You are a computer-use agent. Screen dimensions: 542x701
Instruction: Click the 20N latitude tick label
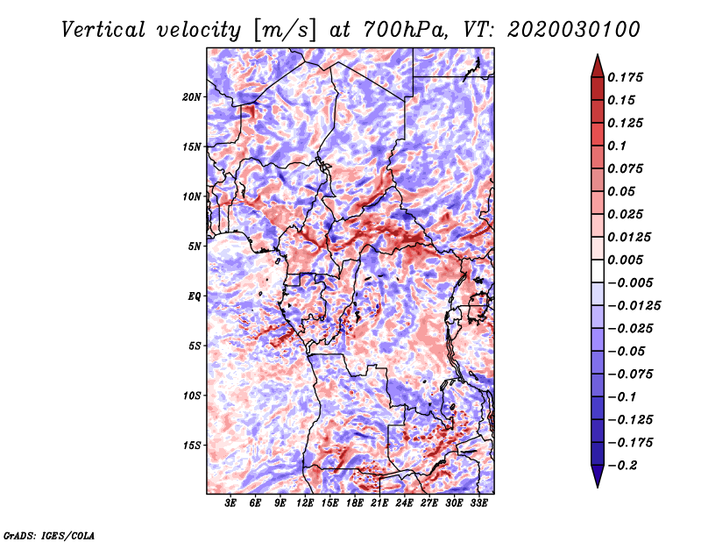point(192,96)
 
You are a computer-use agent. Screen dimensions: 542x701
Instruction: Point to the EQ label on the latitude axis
point(195,296)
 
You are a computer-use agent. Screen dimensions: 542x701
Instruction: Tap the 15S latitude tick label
point(192,445)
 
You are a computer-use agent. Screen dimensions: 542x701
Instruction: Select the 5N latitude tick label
point(195,246)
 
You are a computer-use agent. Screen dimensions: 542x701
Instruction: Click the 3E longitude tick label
point(231,503)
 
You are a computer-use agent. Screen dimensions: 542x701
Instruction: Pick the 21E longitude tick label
point(379,503)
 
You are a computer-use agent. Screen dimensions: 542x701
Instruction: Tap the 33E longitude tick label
point(478,503)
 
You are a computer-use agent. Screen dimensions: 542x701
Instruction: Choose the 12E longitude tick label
point(305,503)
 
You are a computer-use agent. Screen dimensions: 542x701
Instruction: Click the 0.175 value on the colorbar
point(628,77)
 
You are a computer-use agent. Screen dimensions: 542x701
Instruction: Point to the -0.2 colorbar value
point(626,465)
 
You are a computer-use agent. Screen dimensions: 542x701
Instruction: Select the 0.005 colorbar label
point(628,260)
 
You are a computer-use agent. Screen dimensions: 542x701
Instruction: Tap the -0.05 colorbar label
point(628,351)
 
